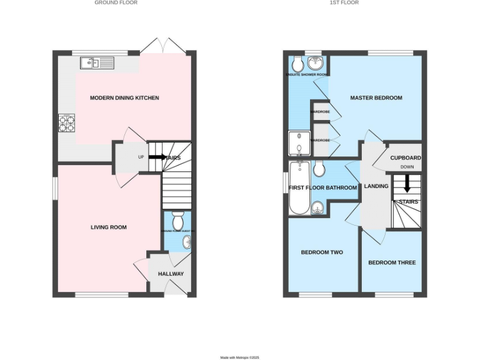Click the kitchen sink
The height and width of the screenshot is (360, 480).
click(96, 62)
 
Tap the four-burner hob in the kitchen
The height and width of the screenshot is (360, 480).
click(67, 123)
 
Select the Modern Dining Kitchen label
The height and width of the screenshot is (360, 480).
click(124, 98)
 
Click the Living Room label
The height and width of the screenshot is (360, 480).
click(108, 227)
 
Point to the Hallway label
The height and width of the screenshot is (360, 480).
click(171, 274)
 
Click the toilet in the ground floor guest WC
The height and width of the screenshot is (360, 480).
click(177, 221)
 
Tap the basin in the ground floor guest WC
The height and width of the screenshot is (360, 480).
click(186, 242)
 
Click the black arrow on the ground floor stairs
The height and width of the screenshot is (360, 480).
click(156, 157)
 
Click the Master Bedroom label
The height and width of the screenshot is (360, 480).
click(376, 98)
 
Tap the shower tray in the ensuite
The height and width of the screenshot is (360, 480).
click(299, 144)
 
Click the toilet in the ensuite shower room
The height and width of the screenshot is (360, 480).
click(298, 63)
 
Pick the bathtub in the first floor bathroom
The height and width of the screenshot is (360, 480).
click(299, 187)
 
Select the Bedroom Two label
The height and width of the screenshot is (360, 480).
click(322, 252)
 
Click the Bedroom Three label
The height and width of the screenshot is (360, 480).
click(392, 262)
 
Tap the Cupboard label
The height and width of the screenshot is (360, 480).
click(406, 158)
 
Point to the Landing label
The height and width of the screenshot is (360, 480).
click(376, 186)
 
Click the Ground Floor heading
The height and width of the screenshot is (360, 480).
click(116, 3)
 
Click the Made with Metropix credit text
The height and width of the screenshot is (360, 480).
click(239, 357)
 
